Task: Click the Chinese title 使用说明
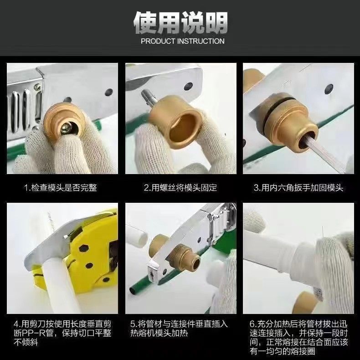180,22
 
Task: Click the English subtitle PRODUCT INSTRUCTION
183,41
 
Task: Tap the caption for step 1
61,188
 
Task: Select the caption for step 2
180,188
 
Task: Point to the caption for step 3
298,188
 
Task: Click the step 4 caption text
62,333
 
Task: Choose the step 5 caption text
179,329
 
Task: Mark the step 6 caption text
298,338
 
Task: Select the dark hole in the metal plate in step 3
329,89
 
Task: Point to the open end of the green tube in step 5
133,291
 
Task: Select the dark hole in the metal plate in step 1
109,92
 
